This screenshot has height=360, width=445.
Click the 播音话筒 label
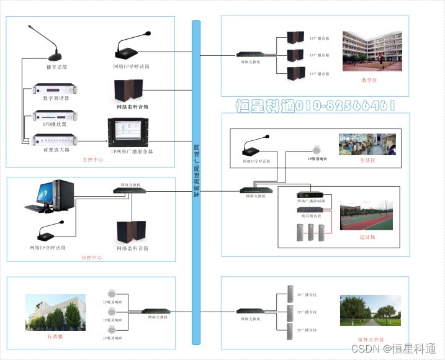click(x=56, y=66)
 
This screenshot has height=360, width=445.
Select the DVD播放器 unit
click(x=55, y=115)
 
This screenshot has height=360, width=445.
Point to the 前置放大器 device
click(x=55, y=140)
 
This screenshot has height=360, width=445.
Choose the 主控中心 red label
click(x=93, y=160)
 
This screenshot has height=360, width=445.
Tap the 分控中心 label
click(x=92, y=257)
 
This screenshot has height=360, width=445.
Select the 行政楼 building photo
click(x=55, y=312)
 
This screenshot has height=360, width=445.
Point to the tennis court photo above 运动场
click(x=366, y=215)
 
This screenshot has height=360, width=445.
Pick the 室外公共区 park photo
click(x=371, y=311)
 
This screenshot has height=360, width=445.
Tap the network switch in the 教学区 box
click(x=251, y=55)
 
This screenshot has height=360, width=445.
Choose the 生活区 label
click(x=367, y=160)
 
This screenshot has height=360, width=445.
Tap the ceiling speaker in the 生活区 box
click(x=317, y=149)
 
